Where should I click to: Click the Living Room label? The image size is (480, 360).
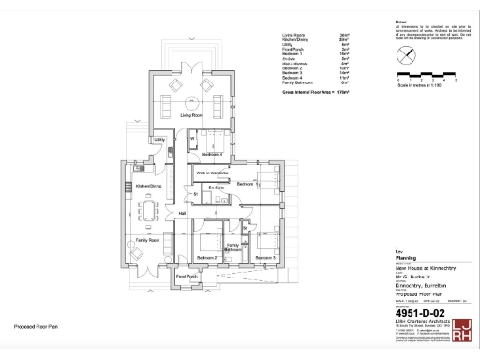pyautogui.click(x=191, y=114)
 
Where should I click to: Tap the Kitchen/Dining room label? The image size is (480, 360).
pyautogui.click(x=149, y=186)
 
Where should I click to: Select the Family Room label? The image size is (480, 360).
pyautogui.click(x=147, y=241)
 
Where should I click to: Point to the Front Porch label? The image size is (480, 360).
pyautogui.click(x=187, y=277)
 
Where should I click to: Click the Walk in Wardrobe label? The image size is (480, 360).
pyautogui.click(x=213, y=173)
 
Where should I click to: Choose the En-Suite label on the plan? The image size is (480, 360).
pyautogui.click(x=216, y=188)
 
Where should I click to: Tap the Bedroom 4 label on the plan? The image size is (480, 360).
pyautogui.click(x=213, y=153)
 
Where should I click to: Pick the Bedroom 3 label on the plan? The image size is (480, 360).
pyautogui.click(x=265, y=257)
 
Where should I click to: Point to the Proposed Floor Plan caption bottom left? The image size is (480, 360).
pyautogui.click(x=36, y=327)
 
